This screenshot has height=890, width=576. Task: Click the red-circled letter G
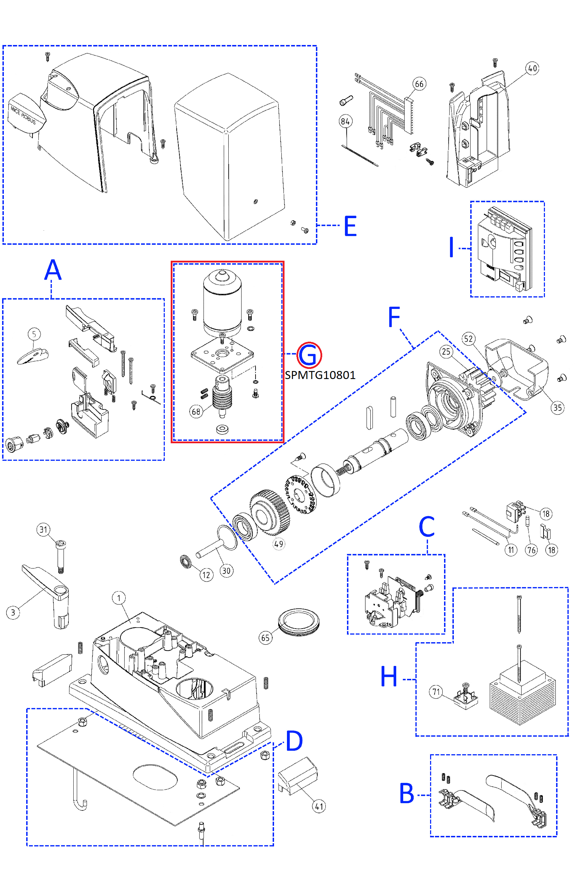tap(309, 355)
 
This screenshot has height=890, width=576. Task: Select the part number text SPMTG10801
tap(320, 375)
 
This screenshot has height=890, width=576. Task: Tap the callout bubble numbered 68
tap(196, 412)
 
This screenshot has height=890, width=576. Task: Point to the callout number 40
tap(532, 68)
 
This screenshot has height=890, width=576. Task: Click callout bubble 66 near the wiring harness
tap(419, 84)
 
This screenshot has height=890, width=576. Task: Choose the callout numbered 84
tap(345, 121)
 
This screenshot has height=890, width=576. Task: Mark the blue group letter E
tap(350, 226)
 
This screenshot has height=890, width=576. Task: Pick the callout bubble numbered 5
tap(34, 334)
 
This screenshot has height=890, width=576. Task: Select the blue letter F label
tap(394, 317)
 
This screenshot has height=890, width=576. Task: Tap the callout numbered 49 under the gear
tap(279, 544)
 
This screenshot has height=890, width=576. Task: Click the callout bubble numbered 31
tap(43, 529)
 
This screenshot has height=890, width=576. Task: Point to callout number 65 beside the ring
tap(266, 638)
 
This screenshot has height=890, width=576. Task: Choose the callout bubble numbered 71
tap(436, 692)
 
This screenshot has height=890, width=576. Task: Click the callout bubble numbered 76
tap(531, 550)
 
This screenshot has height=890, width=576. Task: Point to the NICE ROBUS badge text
tap(23, 115)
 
